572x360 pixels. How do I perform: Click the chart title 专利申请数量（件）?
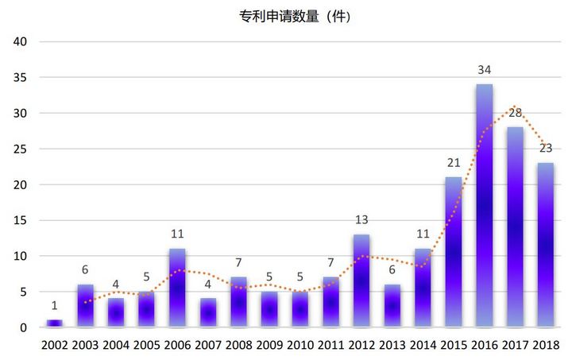295,16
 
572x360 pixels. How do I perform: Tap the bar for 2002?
55,323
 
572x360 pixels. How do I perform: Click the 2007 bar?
208,312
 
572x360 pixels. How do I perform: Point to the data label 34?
485,70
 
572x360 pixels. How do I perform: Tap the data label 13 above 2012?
361,220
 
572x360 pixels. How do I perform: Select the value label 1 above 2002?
55,306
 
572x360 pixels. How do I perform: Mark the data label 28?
515,113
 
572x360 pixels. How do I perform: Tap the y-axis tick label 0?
24,327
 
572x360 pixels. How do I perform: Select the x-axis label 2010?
300,346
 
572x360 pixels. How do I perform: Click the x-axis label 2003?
86,346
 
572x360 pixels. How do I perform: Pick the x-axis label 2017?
515,346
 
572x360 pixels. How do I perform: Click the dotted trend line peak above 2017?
514,106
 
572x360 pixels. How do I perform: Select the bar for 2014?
423,288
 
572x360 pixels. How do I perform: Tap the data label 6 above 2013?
392,270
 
